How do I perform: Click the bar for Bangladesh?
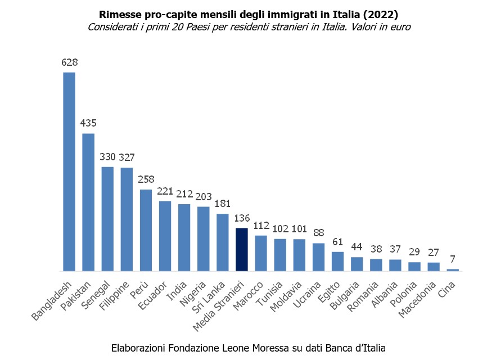(69, 172)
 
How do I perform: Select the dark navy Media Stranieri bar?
(242, 249)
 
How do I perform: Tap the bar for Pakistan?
(88, 202)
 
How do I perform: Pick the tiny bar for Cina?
(453, 269)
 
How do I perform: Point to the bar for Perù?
(146, 230)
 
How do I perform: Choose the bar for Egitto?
(337, 261)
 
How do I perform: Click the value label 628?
(69, 62)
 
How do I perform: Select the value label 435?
(88, 123)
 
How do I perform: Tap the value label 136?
(242, 217)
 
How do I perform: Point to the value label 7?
(453, 259)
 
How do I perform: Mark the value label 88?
(318, 233)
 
